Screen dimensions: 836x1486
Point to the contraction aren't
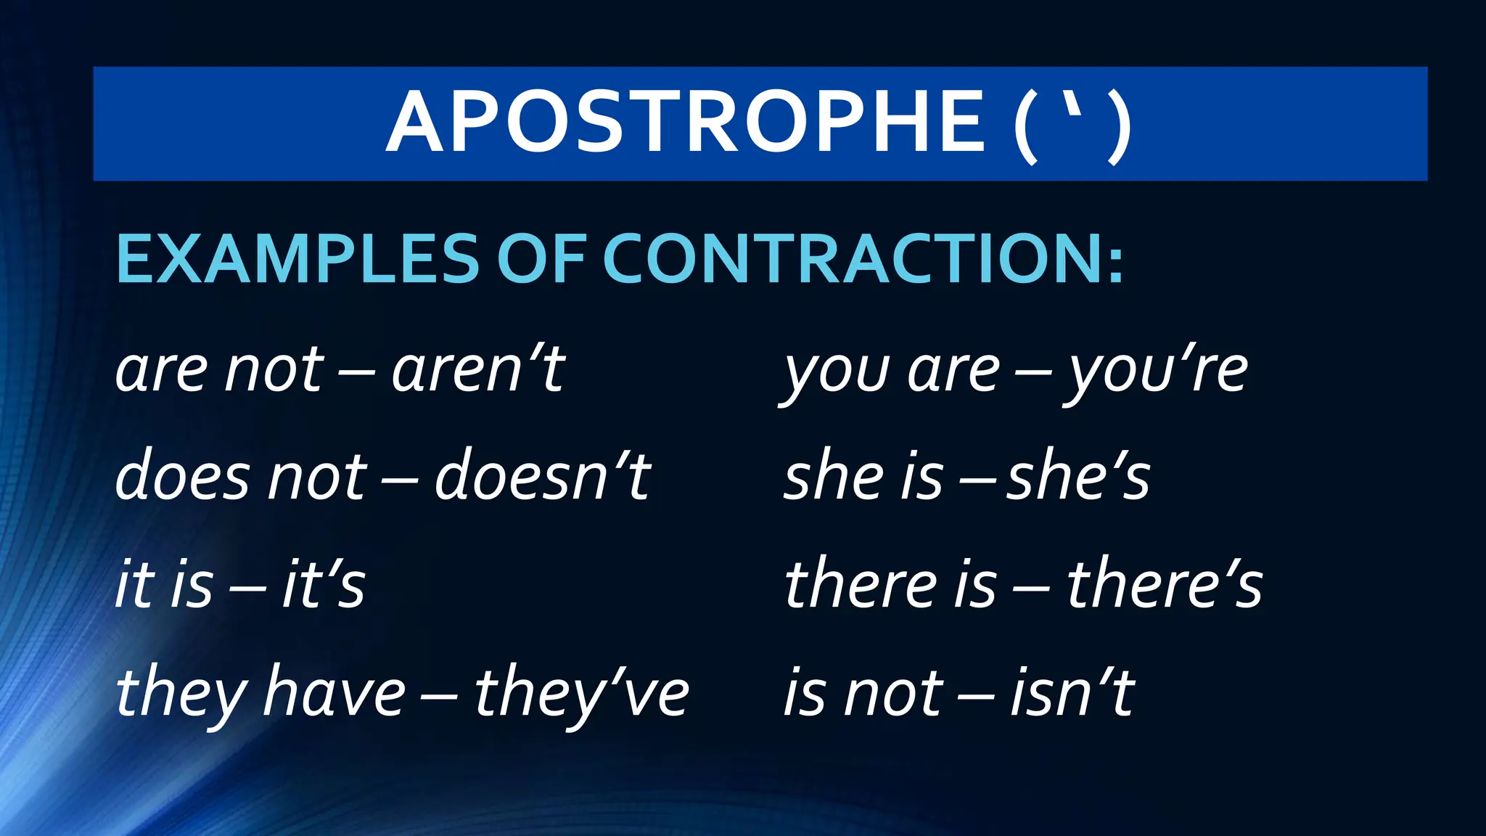[478, 370]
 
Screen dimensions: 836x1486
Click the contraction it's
[324, 585]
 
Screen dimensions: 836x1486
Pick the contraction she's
[1078, 478]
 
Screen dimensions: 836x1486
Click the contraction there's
[1165, 585]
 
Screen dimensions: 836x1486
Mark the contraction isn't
[1072, 692]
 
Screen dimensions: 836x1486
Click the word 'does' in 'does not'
[181, 478]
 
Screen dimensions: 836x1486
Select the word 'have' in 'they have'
[334, 692]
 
